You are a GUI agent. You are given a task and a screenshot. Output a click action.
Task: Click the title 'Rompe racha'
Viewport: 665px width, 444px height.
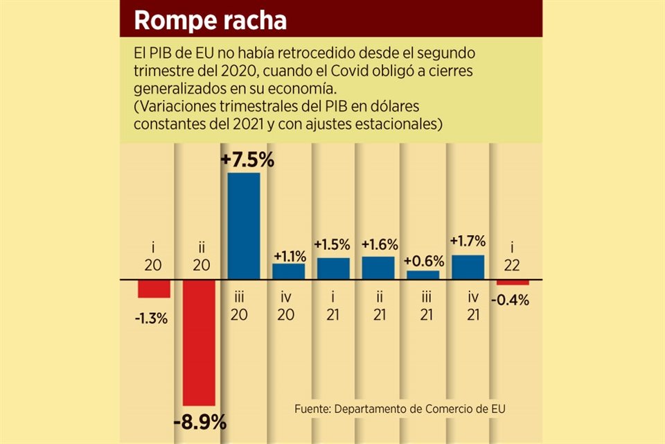tap(210, 19)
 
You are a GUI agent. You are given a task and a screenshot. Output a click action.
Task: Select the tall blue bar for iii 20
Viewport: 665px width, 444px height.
tap(244, 226)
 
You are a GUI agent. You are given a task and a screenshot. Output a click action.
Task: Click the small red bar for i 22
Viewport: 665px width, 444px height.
tap(512, 282)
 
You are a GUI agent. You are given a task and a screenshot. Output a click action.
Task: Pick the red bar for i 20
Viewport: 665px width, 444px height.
tap(153, 289)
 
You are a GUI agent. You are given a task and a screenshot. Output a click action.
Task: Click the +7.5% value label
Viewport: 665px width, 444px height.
tap(247, 160)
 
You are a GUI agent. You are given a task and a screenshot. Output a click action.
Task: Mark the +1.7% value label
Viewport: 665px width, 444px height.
tap(468, 241)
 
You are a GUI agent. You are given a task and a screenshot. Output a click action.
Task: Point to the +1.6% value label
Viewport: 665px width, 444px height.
tap(378, 244)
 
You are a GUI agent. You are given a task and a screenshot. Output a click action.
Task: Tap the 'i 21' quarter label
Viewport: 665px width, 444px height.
tap(333, 306)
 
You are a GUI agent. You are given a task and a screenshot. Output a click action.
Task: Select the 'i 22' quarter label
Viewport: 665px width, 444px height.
tap(513, 257)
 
